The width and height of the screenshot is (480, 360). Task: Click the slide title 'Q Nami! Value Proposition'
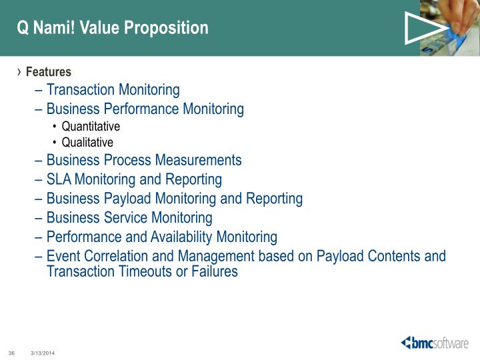[x=113, y=28]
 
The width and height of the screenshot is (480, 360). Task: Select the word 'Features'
[x=49, y=72]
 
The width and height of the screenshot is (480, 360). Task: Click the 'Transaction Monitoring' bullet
[x=113, y=89]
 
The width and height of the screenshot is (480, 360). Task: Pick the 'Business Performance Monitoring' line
[x=145, y=109]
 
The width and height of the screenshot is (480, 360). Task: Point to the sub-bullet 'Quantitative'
[x=91, y=126]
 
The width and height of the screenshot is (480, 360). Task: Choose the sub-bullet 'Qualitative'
[x=87, y=142]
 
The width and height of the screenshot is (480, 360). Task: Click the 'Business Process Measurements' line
[x=143, y=160]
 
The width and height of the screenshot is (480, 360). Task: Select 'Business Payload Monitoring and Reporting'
[x=174, y=199]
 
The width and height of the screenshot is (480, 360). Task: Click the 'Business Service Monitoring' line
[x=129, y=218]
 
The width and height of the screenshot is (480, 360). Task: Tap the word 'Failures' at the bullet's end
[x=213, y=272]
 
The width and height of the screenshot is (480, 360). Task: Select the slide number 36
[x=11, y=352]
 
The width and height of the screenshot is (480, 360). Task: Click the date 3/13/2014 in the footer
[x=43, y=352]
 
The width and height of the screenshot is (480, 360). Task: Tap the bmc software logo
[x=434, y=343]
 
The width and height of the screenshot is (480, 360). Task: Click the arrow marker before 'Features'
[x=19, y=72]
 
